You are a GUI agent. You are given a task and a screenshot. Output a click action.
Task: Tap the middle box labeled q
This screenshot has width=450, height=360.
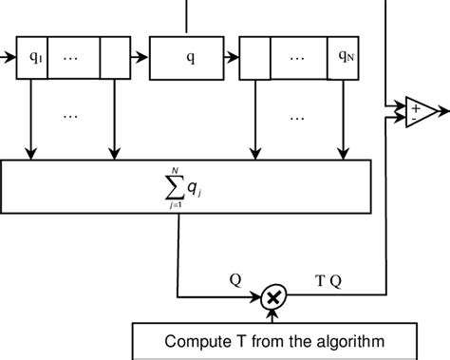point(190,57)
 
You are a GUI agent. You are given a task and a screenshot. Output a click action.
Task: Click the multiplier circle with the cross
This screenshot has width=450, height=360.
point(273,298)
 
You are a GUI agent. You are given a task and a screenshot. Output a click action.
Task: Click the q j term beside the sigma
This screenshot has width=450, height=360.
point(194,190)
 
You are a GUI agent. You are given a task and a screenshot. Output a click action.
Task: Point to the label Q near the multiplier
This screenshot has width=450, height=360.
point(234,280)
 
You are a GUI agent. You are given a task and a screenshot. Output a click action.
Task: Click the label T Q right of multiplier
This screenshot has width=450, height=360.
point(326,280)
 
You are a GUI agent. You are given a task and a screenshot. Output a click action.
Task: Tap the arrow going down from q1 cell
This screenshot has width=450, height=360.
point(33,119)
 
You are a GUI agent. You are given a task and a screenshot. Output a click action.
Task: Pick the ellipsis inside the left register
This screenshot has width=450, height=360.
point(72,57)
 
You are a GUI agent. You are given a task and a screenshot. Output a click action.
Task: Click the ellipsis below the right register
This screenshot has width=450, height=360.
point(298,117)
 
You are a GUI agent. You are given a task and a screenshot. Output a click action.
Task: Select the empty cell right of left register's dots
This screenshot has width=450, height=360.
point(113,57)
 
